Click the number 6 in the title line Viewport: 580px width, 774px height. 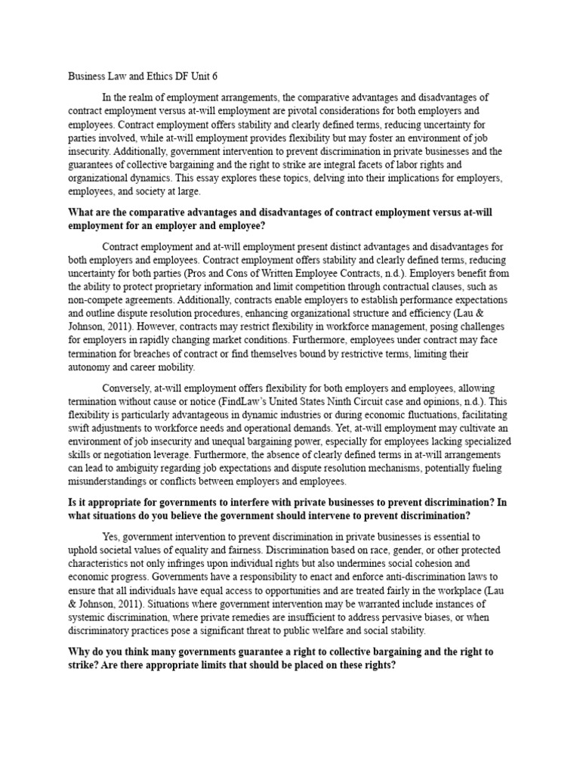[225, 76]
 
